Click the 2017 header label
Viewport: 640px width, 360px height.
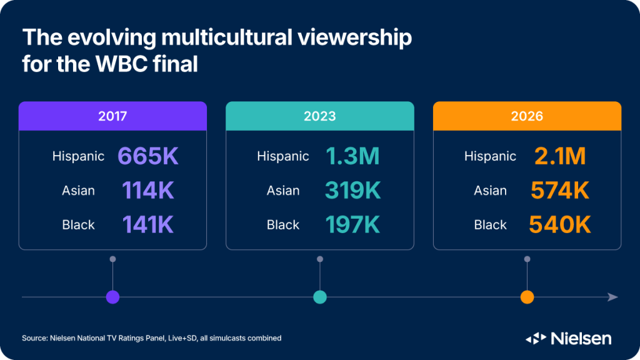coord(112,116)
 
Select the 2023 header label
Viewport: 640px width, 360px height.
coord(319,116)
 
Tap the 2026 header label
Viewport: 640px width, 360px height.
coord(527,116)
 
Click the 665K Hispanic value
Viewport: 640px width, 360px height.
coord(148,156)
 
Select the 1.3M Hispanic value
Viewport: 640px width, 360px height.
coord(352,156)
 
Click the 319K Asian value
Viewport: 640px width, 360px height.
coord(353,191)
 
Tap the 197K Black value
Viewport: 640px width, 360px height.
coord(352,225)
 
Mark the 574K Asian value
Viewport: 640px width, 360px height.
coord(560,191)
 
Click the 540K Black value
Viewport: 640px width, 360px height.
coord(560,225)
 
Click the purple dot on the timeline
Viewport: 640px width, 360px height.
coord(112,297)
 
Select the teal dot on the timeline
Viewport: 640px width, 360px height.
coord(320,297)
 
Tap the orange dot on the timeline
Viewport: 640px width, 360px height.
coord(527,297)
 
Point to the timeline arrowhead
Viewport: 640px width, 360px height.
coord(613,297)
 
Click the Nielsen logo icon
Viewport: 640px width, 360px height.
coord(536,339)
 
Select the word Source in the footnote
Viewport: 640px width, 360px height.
coord(34,338)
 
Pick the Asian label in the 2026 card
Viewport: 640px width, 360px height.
coord(490,191)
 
